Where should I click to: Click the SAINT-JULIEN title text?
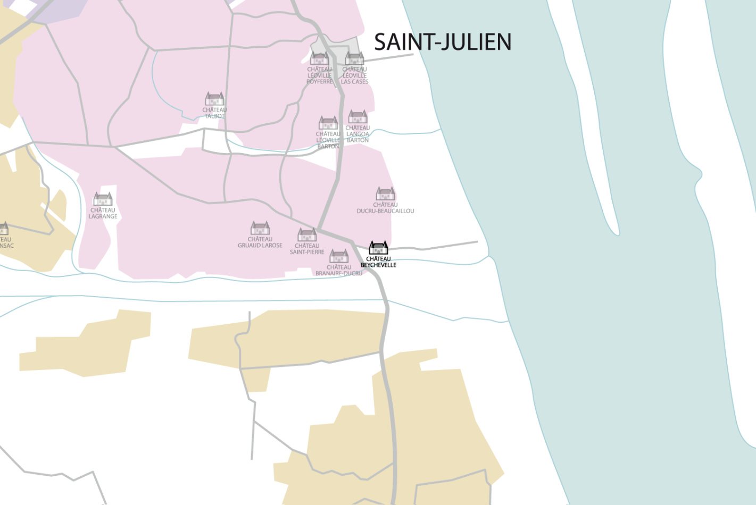442,42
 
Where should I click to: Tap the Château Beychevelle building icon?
378,248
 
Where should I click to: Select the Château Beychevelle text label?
378,262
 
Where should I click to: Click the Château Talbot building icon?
214,99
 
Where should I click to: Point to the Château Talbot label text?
214,113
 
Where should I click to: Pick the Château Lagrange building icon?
103,199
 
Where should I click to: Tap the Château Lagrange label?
103,213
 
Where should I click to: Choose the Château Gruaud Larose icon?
260,228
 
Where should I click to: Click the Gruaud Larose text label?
260,242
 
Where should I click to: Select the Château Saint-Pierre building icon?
307,234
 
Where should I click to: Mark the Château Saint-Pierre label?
307,249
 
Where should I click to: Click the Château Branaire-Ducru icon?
339,256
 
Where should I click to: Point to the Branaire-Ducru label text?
339,270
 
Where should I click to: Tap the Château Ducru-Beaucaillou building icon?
385,193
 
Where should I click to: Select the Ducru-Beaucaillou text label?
385,208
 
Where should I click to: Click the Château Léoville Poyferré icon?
319,58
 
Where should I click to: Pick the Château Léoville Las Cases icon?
354,58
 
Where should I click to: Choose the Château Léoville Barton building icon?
328,123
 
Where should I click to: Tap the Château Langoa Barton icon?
358,116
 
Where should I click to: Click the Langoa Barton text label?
358,134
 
